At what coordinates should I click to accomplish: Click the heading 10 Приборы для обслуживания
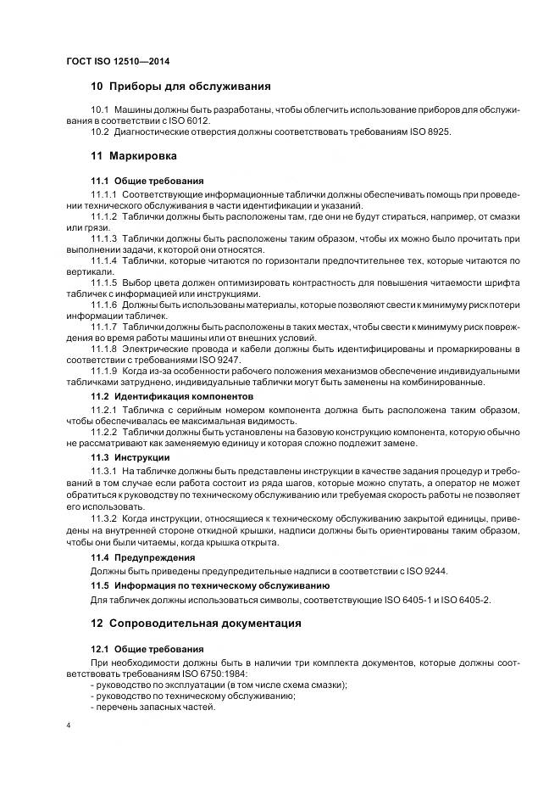180,87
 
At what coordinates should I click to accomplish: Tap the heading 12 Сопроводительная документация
196,623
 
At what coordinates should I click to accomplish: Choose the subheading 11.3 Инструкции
130,457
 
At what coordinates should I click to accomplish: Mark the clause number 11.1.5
104,281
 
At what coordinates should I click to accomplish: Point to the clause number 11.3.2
104,517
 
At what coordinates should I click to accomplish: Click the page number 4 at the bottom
68,727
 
